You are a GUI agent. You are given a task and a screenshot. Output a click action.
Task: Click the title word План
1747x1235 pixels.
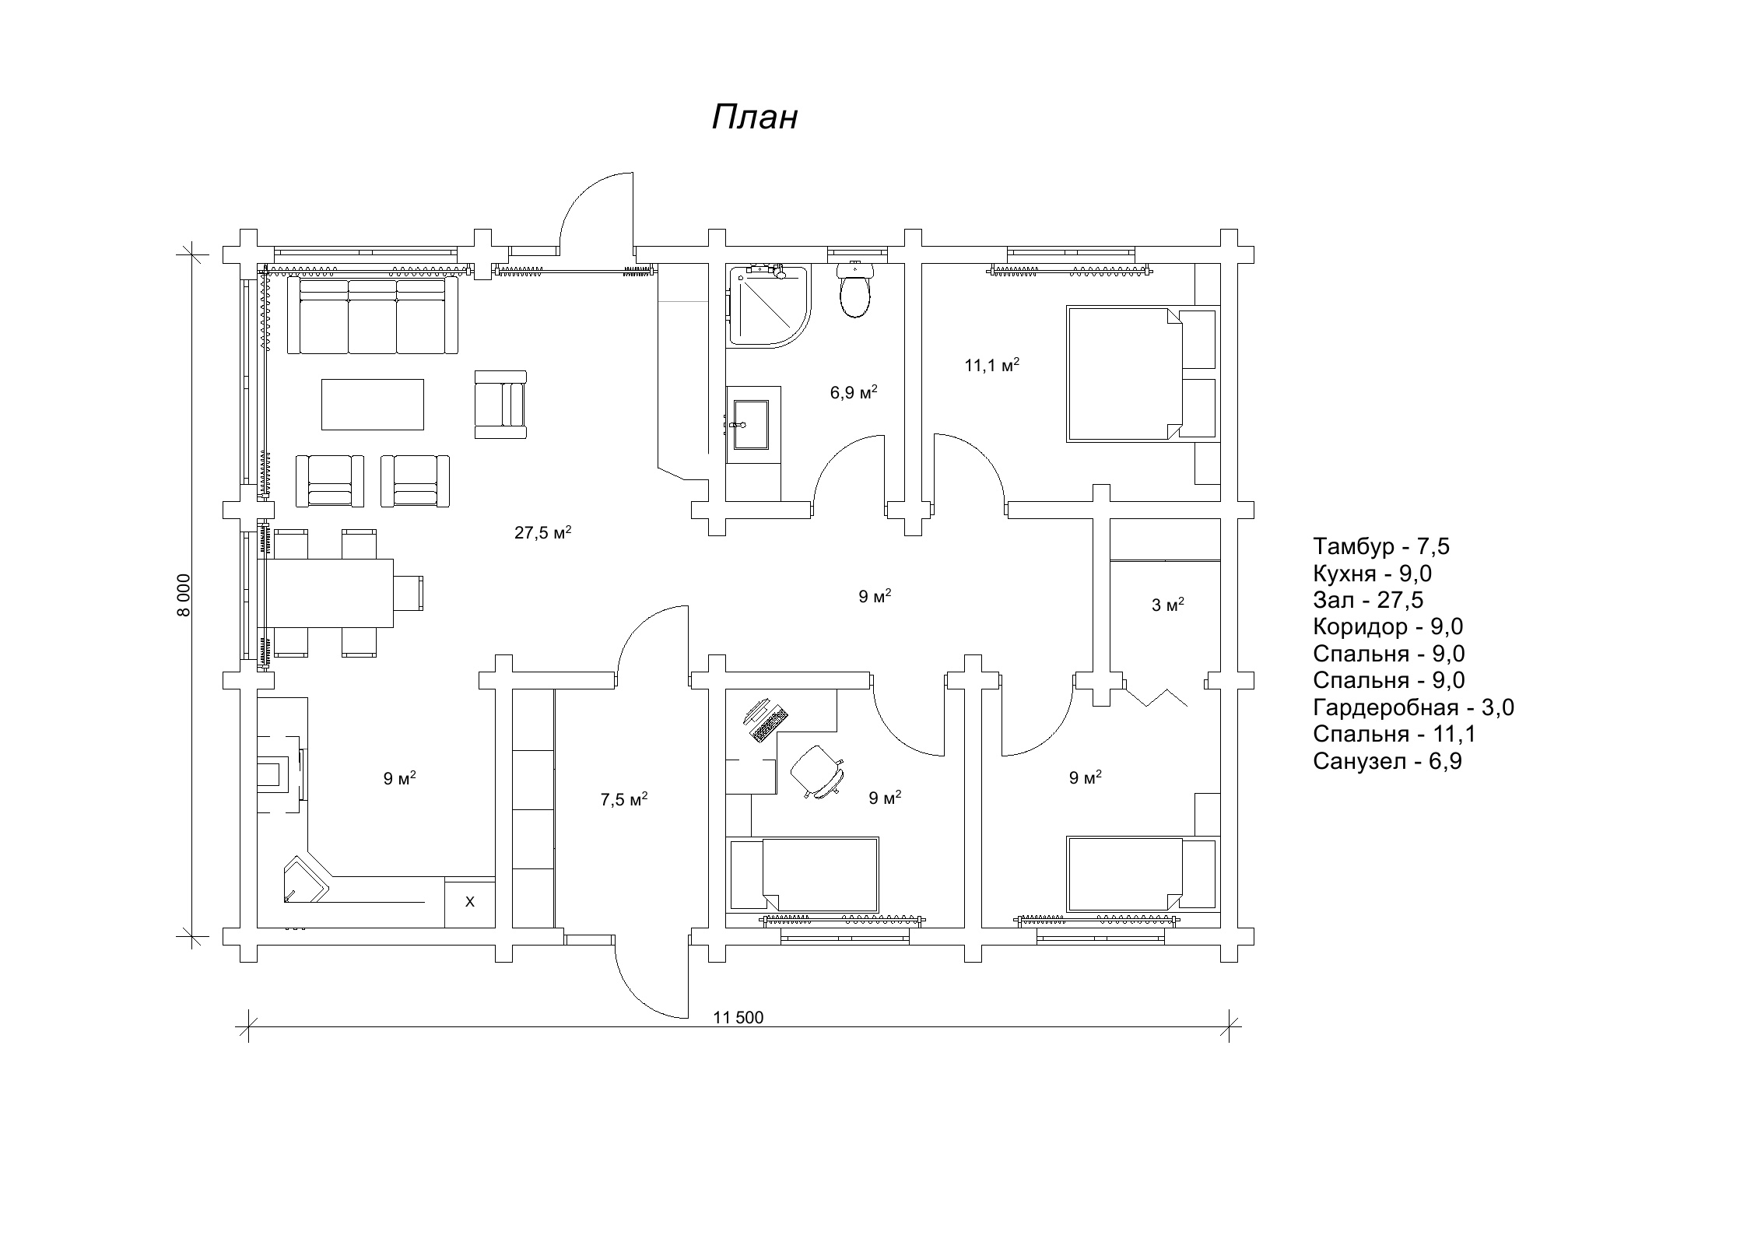(755, 118)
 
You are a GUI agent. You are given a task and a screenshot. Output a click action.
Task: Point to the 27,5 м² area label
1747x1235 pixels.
(543, 532)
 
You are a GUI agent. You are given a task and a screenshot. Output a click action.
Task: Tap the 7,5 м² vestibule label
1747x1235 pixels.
(624, 799)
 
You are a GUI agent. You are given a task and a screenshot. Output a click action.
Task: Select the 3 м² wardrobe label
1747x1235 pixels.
(1167, 605)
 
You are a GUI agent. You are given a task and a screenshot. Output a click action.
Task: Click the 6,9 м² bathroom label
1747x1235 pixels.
(854, 392)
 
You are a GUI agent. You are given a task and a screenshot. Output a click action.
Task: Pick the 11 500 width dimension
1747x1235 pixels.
(738, 1017)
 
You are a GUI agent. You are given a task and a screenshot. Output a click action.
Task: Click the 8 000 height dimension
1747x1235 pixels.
(184, 595)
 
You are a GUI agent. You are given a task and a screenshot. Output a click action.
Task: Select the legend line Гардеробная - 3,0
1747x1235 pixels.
(1413, 707)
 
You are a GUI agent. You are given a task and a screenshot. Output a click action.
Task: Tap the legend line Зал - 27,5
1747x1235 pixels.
(1368, 600)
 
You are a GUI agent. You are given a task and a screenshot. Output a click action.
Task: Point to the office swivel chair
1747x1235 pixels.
(817, 771)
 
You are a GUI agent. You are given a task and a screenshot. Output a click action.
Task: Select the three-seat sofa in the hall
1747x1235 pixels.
(373, 316)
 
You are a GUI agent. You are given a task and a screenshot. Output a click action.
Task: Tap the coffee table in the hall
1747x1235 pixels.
(373, 405)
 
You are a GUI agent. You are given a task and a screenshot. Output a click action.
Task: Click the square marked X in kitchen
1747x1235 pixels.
(470, 902)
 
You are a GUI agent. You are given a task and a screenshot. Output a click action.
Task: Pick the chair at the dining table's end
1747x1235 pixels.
(409, 594)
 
